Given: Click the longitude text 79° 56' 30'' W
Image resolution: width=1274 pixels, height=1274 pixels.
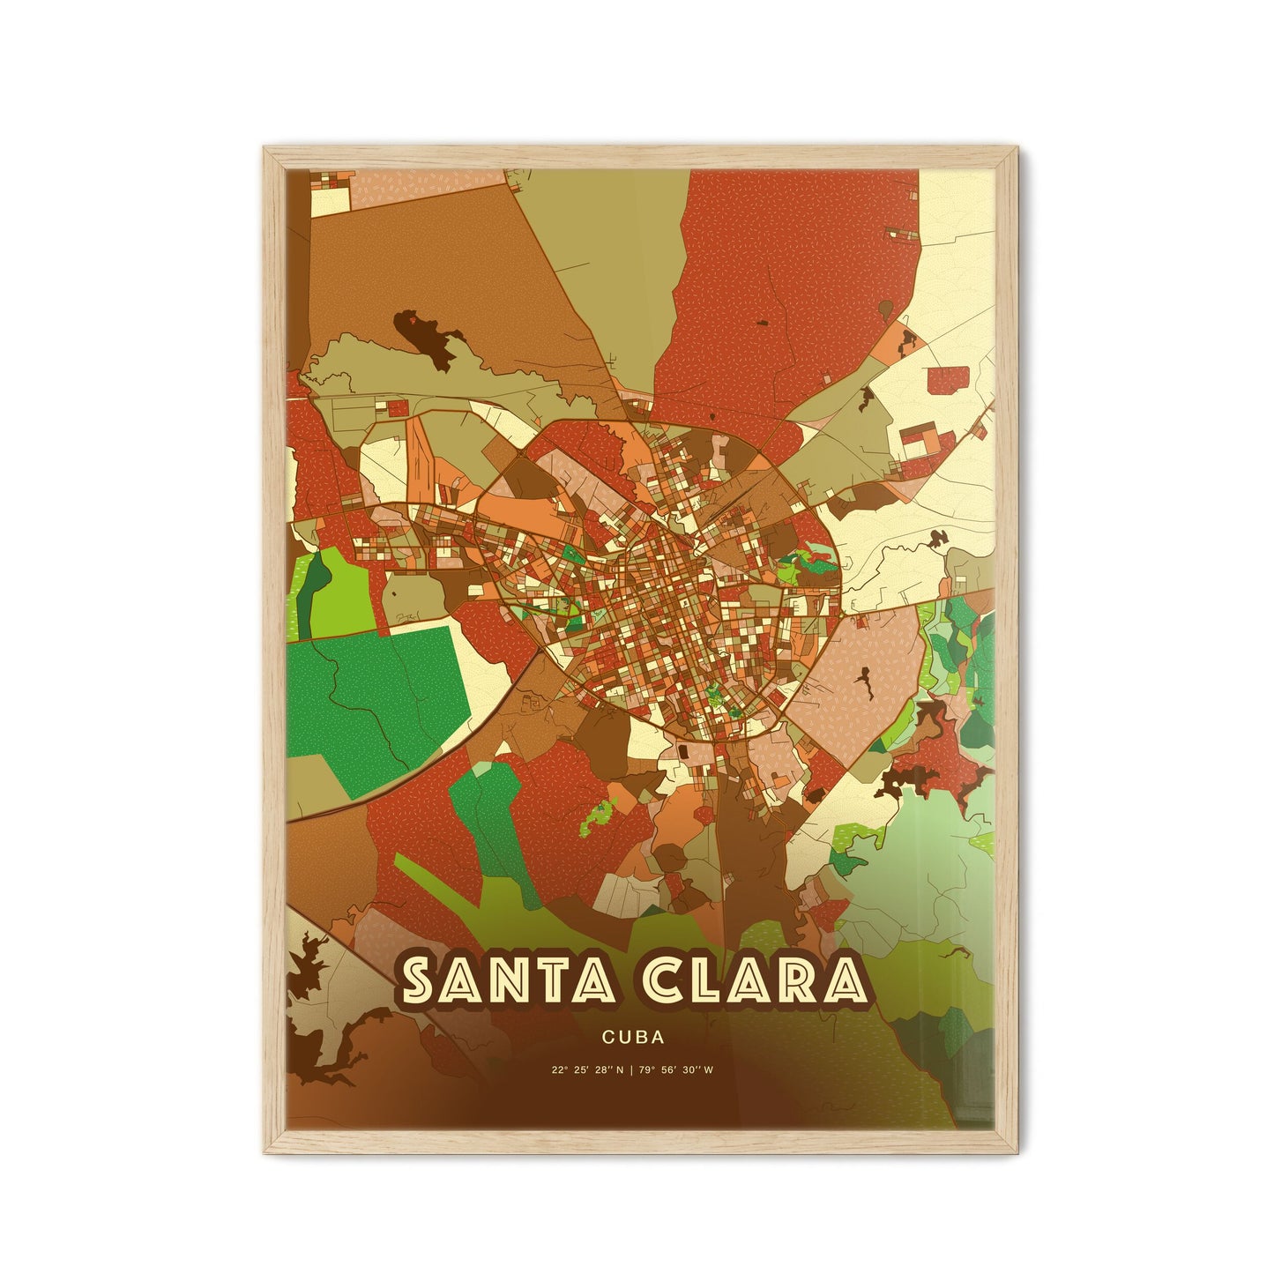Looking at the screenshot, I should pos(684,1071).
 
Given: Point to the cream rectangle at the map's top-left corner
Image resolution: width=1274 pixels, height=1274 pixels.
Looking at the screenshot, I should pos(330,199).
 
